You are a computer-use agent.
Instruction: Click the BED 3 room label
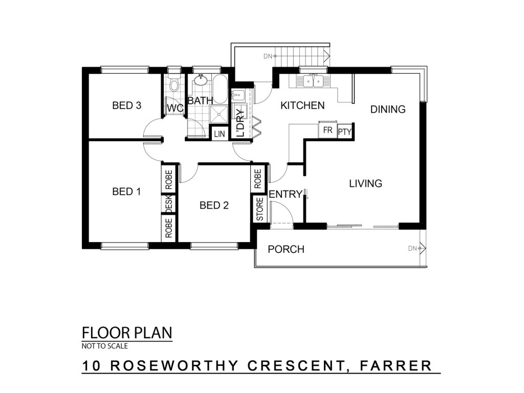127,105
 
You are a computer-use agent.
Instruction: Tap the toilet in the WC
174,83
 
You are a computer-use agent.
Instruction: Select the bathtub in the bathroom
220,89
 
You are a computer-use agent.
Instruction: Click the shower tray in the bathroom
219,115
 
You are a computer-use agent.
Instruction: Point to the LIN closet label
220,134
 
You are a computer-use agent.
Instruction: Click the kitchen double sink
313,81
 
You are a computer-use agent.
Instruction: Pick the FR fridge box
328,130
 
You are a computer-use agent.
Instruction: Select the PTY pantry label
344,132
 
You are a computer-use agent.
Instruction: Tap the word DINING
388,110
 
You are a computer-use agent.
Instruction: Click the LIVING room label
365,184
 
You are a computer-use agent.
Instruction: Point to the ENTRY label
286,194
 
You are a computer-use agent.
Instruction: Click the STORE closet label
259,209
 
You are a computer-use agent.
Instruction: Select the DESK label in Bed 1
169,203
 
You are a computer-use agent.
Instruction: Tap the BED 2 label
214,205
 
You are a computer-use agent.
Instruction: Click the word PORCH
286,249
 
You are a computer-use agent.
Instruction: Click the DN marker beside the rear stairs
270,56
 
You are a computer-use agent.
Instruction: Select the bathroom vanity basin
201,80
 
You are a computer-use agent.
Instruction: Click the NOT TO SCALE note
104,346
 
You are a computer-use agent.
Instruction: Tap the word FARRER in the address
396,365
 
